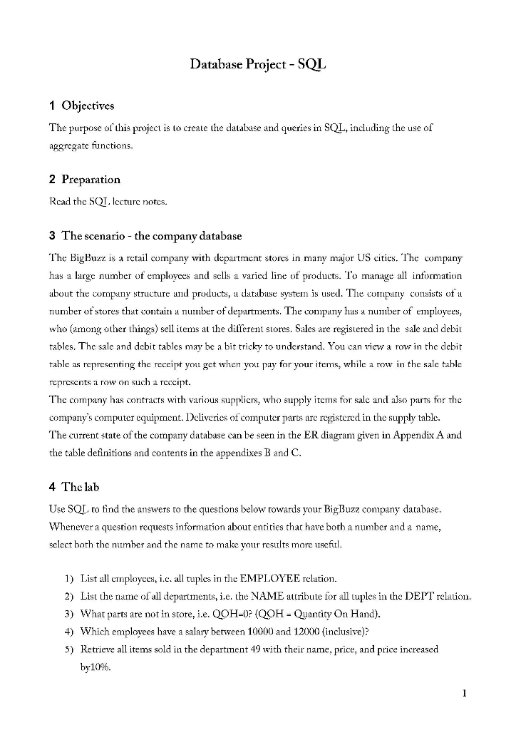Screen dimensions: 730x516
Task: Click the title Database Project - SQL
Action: coord(257,65)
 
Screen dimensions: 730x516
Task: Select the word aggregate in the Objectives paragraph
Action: coord(71,143)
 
